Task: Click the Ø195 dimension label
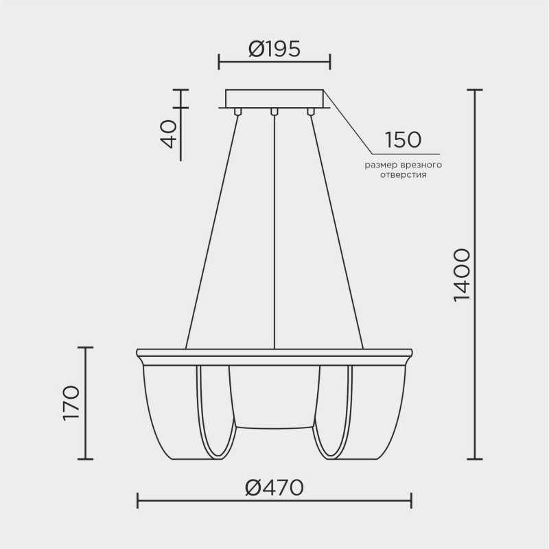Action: (x=274, y=49)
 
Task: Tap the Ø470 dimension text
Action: (x=274, y=488)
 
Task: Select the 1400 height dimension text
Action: (x=461, y=274)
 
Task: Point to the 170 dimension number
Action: (x=71, y=404)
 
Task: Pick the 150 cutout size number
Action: (x=402, y=140)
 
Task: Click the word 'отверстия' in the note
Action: (x=403, y=175)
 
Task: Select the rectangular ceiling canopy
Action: (x=274, y=97)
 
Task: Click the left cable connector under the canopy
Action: (x=237, y=111)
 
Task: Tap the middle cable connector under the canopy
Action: (x=274, y=111)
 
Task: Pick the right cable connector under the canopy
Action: (x=310, y=111)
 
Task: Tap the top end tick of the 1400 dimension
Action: (x=474, y=90)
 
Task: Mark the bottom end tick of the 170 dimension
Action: (x=84, y=458)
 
